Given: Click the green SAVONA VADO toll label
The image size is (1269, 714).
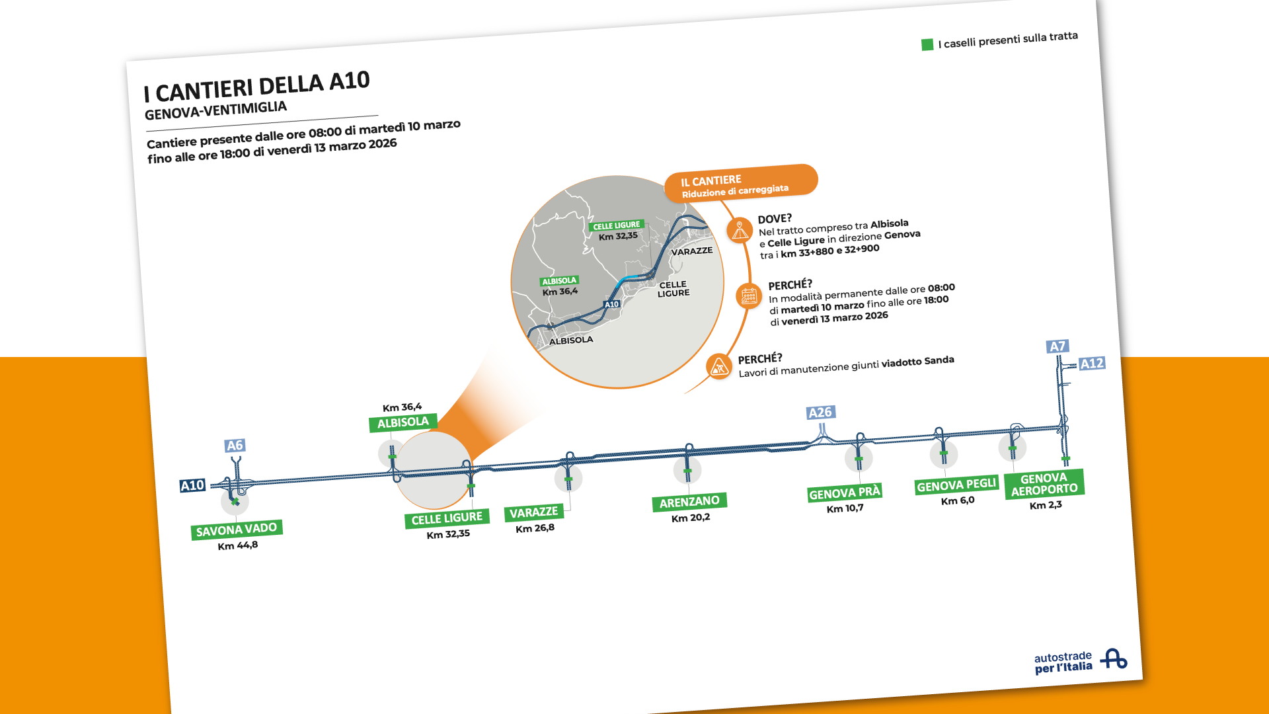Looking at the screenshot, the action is [x=237, y=530].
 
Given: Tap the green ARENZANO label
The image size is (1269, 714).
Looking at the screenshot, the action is [x=689, y=502].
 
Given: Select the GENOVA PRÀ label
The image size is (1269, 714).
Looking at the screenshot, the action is [x=845, y=493].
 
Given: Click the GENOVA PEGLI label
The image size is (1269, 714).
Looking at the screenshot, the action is [x=956, y=485].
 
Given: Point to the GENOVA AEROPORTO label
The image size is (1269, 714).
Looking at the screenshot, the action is [x=1044, y=484].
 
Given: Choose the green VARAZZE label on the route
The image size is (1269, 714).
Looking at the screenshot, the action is [x=533, y=512].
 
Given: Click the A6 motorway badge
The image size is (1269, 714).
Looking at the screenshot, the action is [x=235, y=446].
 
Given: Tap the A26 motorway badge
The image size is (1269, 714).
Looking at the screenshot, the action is [x=821, y=413].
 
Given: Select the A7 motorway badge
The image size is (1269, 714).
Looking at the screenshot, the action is [x=1057, y=346].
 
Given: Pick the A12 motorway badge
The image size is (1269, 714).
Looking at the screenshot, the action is [x=1092, y=363].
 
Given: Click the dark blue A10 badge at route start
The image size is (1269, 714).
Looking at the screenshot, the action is [x=193, y=485].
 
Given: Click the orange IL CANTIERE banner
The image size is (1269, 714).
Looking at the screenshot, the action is [x=741, y=183].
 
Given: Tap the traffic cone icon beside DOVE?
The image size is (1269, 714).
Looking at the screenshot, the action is [x=740, y=231].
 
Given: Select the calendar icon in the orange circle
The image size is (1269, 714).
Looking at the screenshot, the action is [x=749, y=296].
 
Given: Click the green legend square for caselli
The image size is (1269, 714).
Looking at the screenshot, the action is [x=927, y=44].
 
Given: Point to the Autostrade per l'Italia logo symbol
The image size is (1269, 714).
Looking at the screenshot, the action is [x=1114, y=658].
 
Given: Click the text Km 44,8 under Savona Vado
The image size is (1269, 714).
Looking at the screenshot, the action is [x=238, y=545].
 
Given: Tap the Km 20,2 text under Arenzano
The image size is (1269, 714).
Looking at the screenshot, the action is [x=691, y=518].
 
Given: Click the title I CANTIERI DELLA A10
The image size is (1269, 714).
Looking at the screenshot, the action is [x=257, y=86].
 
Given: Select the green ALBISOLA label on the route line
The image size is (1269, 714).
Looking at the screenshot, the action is [x=403, y=422].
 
